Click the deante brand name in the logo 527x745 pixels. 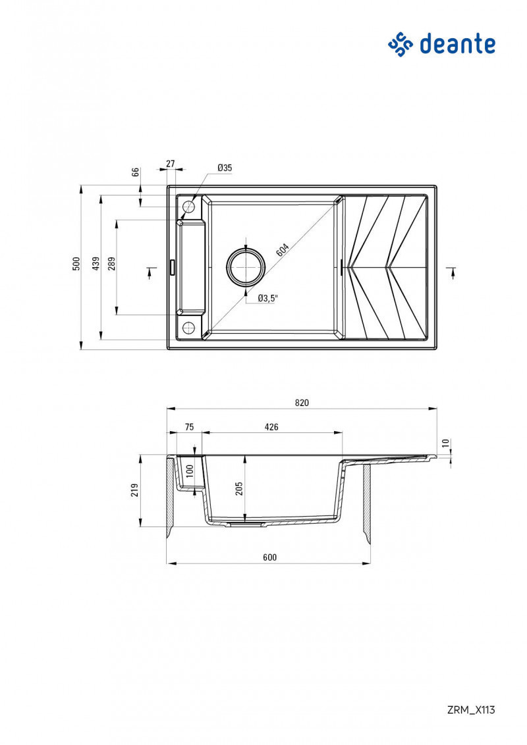click(457, 44)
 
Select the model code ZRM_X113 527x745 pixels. click(470, 709)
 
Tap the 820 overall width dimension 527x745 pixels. click(302, 403)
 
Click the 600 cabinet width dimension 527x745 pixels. click(269, 557)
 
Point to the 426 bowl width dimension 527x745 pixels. click(271, 427)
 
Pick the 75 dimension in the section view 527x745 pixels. click(189, 427)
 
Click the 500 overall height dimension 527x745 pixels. click(76, 263)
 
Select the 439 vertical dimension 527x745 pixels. click(96, 263)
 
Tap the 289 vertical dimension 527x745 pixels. click(112, 263)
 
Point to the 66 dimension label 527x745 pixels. click(136, 172)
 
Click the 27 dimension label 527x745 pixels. click(171, 163)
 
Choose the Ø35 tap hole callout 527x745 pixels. click(225, 168)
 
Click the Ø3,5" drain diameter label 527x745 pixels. click(268, 298)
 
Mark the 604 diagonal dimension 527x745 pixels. click(282, 250)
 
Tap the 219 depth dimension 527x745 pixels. click(135, 490)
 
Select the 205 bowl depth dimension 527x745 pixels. click(240, 488)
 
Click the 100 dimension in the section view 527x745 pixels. click(190, 471)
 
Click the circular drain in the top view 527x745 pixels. click(246, 267)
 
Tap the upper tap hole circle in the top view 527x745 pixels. click(189, 207)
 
